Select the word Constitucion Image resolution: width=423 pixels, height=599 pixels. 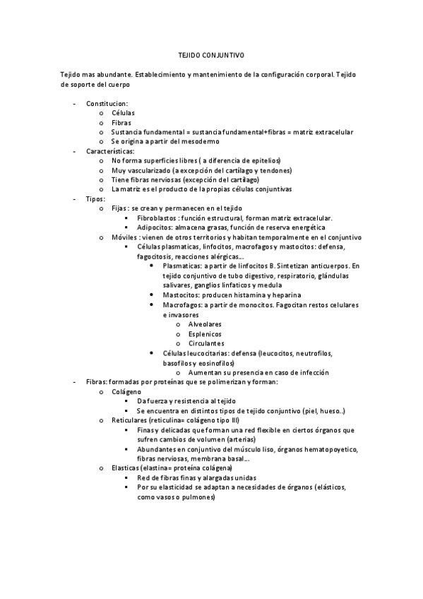(107, 103)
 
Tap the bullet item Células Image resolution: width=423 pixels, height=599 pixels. (123, 113)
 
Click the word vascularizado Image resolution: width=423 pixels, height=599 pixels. (148, 170)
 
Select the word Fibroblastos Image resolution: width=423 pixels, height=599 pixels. (159, 218)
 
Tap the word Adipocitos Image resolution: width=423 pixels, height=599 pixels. (156, 227)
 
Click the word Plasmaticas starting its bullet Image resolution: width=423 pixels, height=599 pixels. (181, 266)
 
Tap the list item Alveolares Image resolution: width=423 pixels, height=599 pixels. (205, 324)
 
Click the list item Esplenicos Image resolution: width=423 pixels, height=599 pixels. (205, 333)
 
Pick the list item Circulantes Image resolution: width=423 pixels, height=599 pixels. (206, 343)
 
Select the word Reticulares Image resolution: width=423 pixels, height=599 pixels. (131, 420)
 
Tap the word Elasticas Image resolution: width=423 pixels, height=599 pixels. (127, 468)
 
